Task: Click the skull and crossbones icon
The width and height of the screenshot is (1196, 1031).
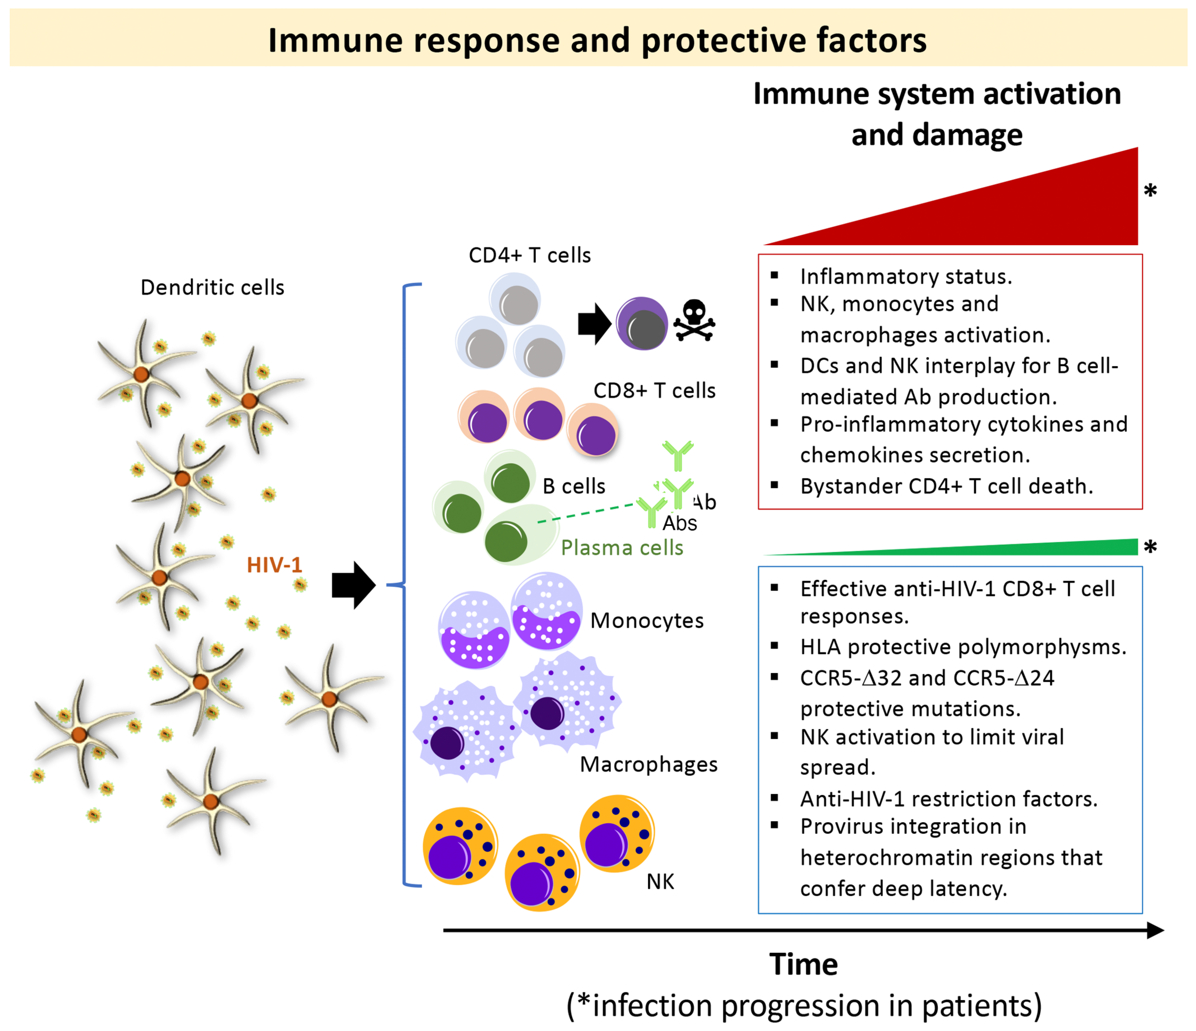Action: pyautogui.click(x=694, y=321)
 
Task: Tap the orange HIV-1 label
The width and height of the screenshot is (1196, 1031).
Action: pyautogui.click(x=274, y=565)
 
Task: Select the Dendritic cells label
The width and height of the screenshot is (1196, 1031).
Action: pyautogui.click(x=212, y=287)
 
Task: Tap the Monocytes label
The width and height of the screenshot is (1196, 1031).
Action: pyautogui.click(x=647, y=621)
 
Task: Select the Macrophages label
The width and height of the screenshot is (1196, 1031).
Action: pyautogui.click(x=648, y=764)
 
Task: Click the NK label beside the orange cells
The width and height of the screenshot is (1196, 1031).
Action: pyautogui.click(x=660, y=881)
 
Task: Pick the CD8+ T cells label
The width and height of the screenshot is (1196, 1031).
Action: pyautogui.click(x=654, y=391)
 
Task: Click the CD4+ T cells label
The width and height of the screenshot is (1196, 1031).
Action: pyautogui.click(x=529, y=255)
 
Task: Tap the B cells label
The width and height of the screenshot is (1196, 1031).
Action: pyautogui.click(x=574, y=486)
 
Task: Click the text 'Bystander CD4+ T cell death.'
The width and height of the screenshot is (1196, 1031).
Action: pyautogui.click(x=946, y=486)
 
